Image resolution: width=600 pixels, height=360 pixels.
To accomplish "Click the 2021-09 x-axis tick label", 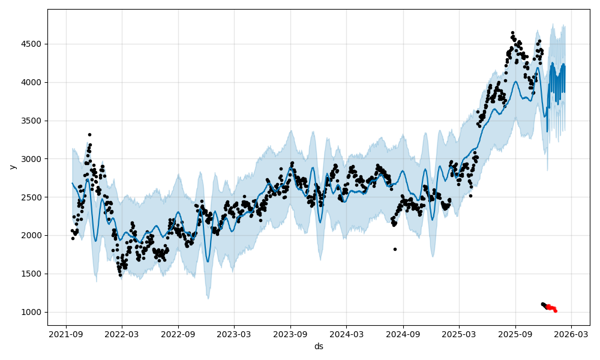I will click(65, 334).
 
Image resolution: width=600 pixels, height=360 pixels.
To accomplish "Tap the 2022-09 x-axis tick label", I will click(178, 334).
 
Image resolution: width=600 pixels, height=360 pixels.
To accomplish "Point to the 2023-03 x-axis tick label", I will click(234, 334).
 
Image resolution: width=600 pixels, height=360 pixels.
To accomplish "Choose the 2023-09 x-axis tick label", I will click(290, 334).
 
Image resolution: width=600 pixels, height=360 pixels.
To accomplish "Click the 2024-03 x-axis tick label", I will click(347, 334).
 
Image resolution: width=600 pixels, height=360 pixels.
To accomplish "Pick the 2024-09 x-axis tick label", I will click(403, 334).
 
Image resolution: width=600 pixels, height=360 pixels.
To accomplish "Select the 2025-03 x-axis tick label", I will click(459, 334).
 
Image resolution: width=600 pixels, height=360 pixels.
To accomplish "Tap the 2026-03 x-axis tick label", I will click(571, 334).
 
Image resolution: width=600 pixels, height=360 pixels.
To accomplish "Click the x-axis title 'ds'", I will click(319, 346).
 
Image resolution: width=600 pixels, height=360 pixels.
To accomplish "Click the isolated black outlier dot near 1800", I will click(395, 249).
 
